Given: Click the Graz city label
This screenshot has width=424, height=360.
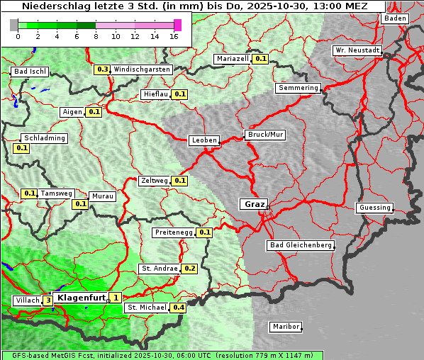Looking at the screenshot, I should coord(253,204).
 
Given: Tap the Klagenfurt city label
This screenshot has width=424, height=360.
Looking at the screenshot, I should coord(81,298).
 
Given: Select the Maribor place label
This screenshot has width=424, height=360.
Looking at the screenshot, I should coord(286,327).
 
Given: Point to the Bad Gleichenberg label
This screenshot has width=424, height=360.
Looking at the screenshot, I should coord(300,245).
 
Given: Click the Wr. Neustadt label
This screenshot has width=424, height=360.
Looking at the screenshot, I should coord(357,50).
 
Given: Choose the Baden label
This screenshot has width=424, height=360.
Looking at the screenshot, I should coord(395,18).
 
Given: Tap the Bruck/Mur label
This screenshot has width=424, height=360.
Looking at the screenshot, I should coord(264,134).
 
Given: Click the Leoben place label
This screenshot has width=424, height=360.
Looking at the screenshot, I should coord(204,140).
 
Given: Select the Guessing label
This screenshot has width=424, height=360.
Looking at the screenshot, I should coord(374,208).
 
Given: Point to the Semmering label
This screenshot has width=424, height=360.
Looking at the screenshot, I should coord(299,88).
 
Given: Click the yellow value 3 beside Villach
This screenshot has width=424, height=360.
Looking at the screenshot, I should coord(48,300).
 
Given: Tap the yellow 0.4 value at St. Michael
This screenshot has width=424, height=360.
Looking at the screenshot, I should coord(178,308).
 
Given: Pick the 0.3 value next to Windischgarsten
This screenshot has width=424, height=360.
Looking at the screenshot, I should coord(102,69).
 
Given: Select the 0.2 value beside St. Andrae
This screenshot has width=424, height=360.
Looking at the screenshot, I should coord(189,269).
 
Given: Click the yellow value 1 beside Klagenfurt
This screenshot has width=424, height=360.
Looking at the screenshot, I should coord(116,298).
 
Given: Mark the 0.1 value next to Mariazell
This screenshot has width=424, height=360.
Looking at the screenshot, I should coord(260,59).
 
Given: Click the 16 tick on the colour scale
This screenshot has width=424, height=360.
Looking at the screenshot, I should coord(174,35).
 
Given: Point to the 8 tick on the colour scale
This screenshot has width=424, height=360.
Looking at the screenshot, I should coord(96,35).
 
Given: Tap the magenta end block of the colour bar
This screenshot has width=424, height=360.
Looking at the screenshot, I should coord(177,25).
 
